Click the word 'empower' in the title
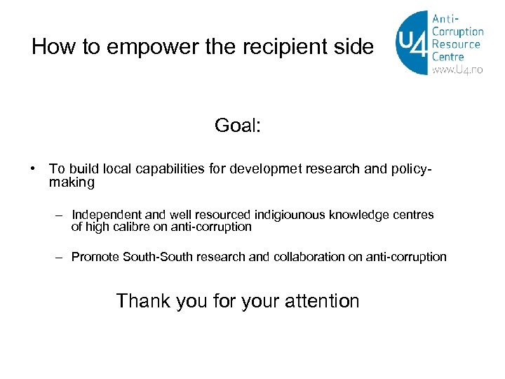click(156, 48)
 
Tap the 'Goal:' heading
click(238, 126)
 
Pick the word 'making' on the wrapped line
click(72, 182)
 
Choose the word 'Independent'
click(107, 215)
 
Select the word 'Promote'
click(95, 257)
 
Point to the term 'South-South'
click(158, 257)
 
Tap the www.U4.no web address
click(457, 70)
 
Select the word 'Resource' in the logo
click(457, 44)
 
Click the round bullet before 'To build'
click(34, 169)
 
